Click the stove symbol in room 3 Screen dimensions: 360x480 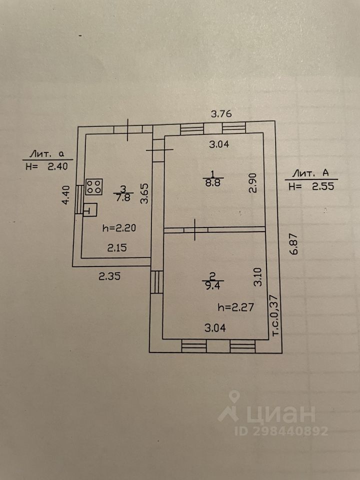[x=94, y=187]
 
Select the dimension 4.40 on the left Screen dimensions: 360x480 [x=64, y=195]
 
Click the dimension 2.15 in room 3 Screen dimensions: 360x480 [x=115, y=246]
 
